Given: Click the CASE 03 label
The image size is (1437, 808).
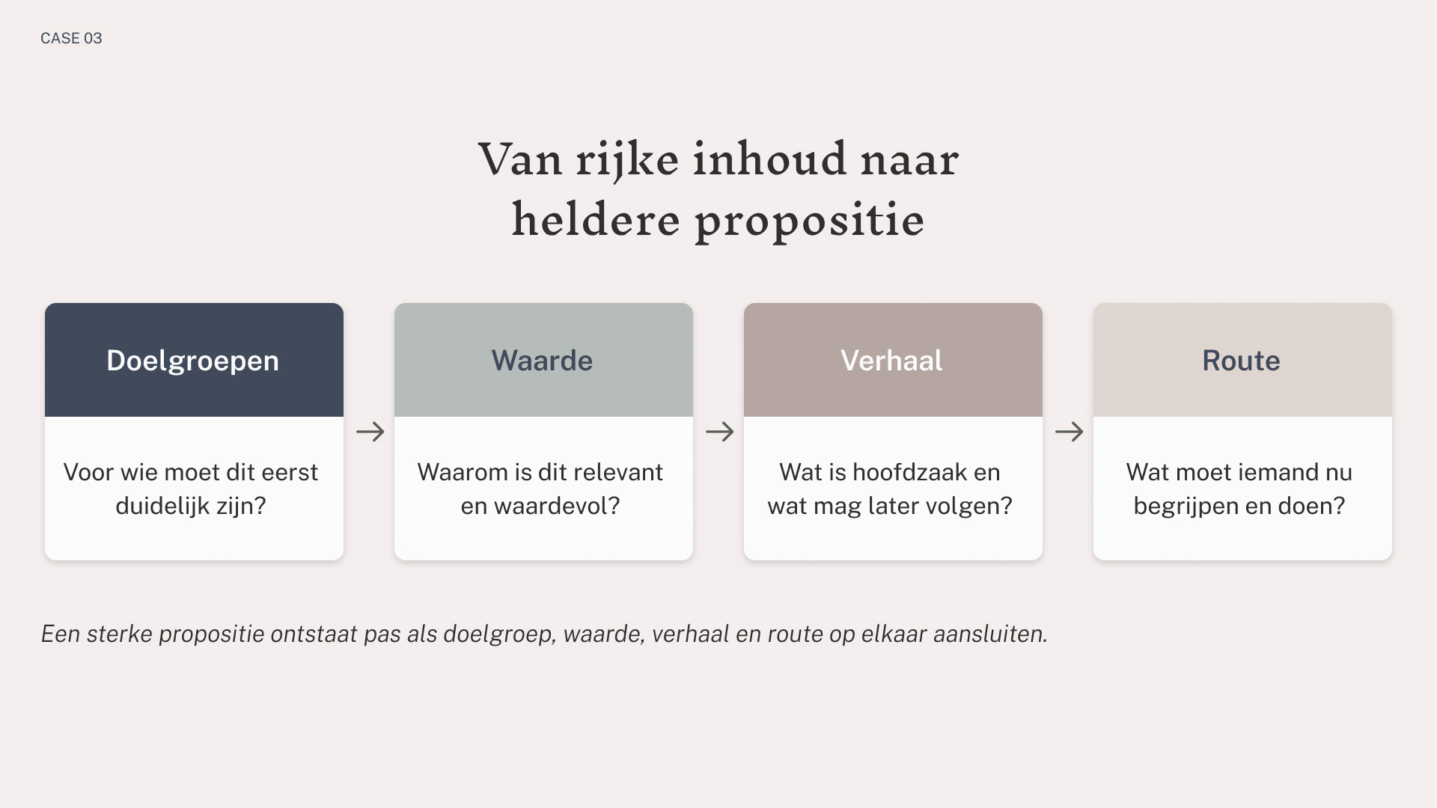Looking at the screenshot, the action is (71, 38).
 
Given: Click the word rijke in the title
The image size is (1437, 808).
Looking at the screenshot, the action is (627, 160).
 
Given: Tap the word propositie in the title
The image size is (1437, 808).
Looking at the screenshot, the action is (810, 221).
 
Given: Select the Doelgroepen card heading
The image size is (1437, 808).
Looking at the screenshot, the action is (193, 361).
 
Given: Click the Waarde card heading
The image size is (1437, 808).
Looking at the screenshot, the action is (543, 361).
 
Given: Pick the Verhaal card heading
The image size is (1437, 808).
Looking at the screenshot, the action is (892, 361).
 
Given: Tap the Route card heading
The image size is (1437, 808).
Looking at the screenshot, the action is (1242, 361).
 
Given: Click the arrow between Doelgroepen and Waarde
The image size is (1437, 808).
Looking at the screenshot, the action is (370, 432).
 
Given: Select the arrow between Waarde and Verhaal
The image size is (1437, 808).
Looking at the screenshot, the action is (720, 432).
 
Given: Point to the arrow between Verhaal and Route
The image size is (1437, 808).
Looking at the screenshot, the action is (1070, 432).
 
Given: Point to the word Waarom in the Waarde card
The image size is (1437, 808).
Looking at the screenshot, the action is (463, 472).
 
